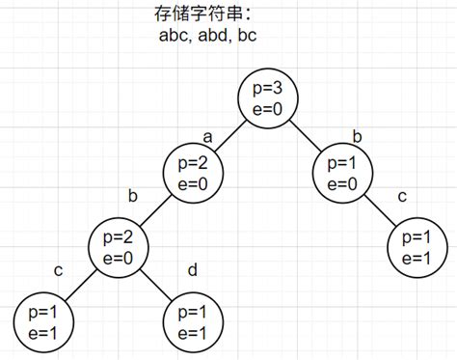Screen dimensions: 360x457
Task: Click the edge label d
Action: point(192,270)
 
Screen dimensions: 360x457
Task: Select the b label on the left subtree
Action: point(133,197)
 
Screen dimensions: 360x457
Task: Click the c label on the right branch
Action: point(402,197)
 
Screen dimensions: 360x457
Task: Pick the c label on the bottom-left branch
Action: point(58,270)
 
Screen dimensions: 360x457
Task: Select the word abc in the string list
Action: point(174,38)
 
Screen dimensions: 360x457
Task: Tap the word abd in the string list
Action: point(215,38)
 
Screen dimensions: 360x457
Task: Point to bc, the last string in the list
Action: point(247,38)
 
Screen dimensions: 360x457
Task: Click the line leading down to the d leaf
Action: point(159,283)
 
